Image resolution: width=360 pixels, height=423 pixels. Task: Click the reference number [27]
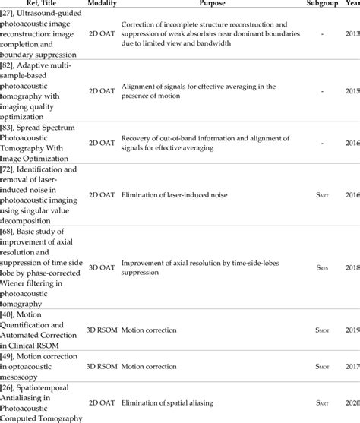[11, 15]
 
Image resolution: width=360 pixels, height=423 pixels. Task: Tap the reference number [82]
[11, 70]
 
